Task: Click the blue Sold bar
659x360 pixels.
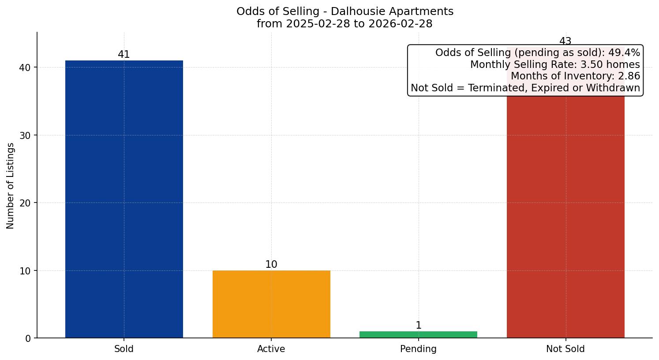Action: tap(124, 199)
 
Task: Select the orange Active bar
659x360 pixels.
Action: tap(271, 304)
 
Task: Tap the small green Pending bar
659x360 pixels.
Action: tap(418, 334)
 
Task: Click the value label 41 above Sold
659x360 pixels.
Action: tap(124, 55)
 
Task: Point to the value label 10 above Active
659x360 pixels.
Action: tap(271, 265)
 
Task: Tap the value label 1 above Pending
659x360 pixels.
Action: tap(418, 326)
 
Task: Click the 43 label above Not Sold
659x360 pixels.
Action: tap(565, 41)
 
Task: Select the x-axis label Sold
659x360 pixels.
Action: tap(124, 349)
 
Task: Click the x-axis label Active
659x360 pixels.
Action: tap(271, 349)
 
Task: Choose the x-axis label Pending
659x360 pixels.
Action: tap(418, 349)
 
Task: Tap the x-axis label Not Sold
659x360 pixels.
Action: tap(565, 349)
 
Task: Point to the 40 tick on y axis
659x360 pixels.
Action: tap(25, 67)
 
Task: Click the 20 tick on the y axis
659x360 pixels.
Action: tap(25, 203)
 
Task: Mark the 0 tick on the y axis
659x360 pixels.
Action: tap(28, 338)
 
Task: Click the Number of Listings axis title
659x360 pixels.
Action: tap(11, 186)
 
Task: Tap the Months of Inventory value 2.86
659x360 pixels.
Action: tap(630, 76)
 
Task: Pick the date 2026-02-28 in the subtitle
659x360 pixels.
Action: tap(400, 24)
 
